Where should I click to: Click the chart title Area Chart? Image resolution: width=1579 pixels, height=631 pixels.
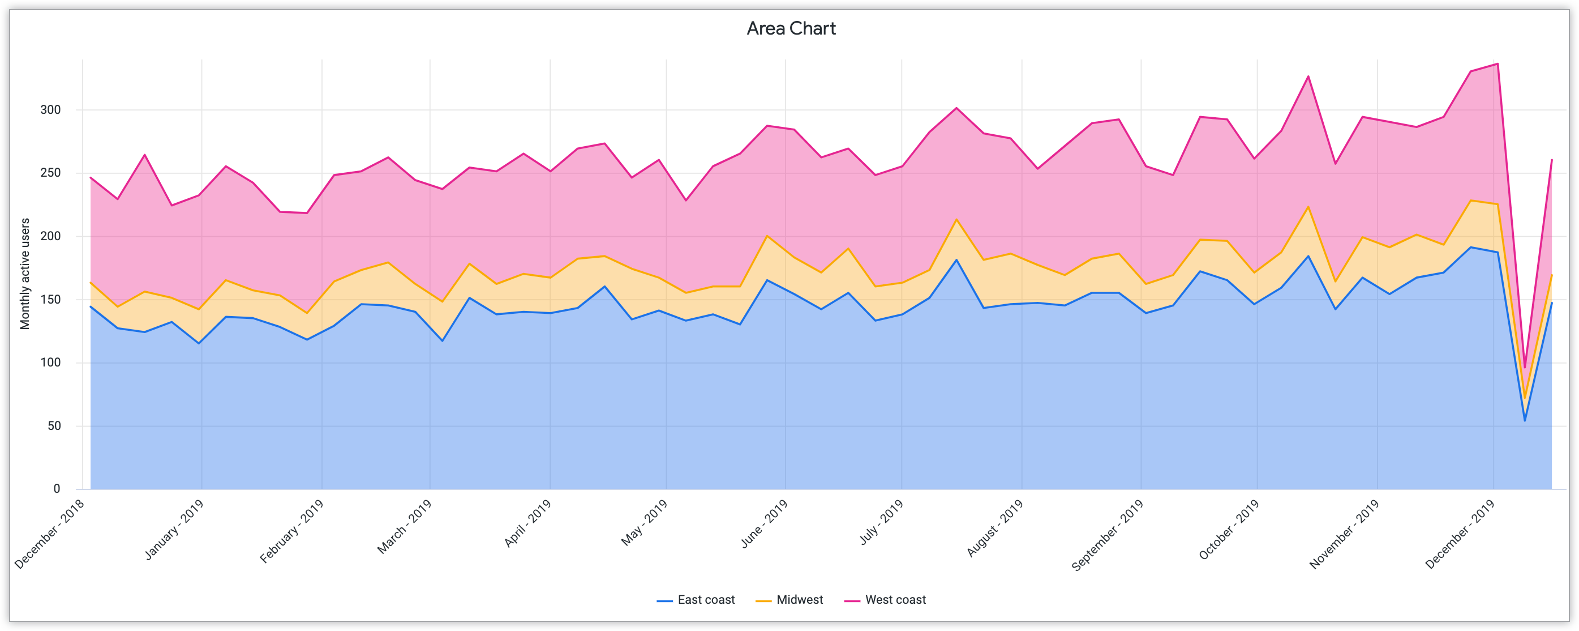click(x=791, y=29)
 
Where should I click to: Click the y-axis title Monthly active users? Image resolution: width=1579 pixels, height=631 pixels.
click(x=25, y=274)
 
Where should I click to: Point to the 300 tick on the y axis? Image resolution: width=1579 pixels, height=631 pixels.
click(x=51, y=110)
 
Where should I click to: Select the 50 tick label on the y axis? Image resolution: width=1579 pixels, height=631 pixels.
click(x=54, y=426)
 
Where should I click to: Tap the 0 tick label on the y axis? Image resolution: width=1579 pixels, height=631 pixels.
click(x=57, y=489)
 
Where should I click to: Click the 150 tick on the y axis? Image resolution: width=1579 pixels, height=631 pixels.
click(x=51, y=300)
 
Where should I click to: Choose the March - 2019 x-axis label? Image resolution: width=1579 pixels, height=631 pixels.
click(x=404, y=527)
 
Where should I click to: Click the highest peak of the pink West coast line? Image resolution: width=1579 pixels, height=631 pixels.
click(x=1498, y=64)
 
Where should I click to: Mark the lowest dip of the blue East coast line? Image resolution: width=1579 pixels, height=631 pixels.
click(x=1525, y=421)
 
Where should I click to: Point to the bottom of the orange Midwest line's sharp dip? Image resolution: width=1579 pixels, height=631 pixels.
click(x=1525, y=399)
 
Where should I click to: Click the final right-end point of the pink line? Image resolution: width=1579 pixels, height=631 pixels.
click(x=1551, y=160)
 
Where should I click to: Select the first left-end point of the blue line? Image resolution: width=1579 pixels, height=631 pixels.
click(x=91, y=306)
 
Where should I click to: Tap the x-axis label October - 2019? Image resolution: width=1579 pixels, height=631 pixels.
click(x=1228, y=529)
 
